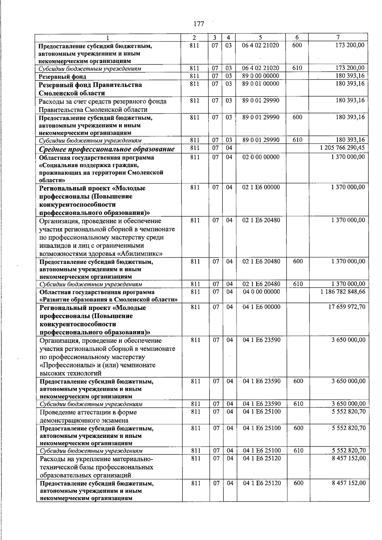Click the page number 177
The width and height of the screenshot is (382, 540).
199,24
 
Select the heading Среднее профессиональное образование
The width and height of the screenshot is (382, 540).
107,149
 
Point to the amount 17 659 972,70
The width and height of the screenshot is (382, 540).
348,307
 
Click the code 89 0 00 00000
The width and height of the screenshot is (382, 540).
261,76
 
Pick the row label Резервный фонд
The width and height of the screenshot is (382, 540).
62,77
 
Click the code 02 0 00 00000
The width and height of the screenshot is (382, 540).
261,157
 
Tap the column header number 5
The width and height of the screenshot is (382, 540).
260,37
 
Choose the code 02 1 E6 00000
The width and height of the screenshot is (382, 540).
261,187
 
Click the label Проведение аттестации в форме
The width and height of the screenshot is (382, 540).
88,412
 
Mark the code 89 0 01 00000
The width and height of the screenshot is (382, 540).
261,84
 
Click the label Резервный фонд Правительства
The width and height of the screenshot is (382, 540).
90,85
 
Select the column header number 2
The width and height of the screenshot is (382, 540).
195,37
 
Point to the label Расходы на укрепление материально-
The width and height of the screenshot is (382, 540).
96,459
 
